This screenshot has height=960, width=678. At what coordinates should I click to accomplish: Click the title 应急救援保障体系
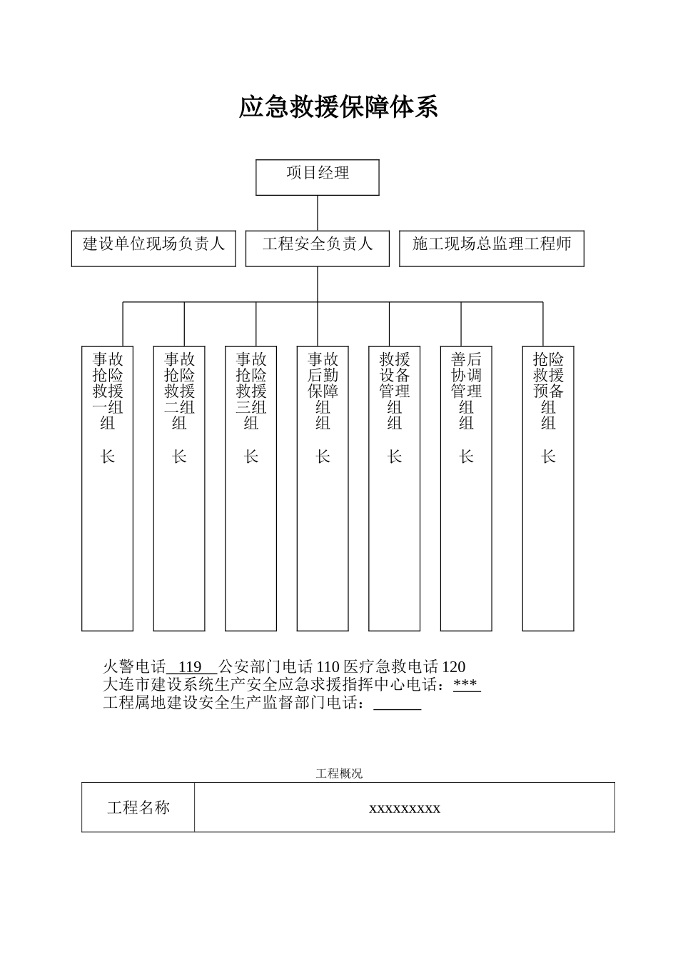pyautogui.click(x=338, y=108)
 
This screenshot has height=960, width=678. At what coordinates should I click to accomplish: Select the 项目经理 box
pyautogui.click(x=318, y=176)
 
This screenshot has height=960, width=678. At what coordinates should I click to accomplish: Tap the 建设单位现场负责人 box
pyautogui.click(x=153, y=248)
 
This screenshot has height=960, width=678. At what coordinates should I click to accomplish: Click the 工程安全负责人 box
pyautogui.click(x=318, y=248)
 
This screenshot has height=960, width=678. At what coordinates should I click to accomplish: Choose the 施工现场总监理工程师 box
pyautogui.click(x=492, y=248)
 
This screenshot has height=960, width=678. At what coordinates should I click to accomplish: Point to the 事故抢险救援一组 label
pyautogui.click(x=108, y=391)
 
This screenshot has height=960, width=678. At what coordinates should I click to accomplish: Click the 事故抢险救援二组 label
pyautogui.click(x=179, y=391)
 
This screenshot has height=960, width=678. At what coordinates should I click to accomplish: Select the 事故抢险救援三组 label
pyautogui.click(x=251, y=391)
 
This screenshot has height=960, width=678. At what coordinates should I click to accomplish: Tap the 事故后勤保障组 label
pyautogui.click(x=323, y=391)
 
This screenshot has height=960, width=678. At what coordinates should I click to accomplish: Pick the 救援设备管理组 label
pyautogui.click(x=395, y=391)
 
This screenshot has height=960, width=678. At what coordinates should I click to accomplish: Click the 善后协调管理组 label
pyautogui.click(x=466, y=391)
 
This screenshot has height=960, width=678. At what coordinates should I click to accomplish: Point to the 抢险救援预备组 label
pyautogui.click(x=548, y=391)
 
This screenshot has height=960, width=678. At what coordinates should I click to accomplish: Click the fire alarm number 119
pyautogui.click(x=190, y=667)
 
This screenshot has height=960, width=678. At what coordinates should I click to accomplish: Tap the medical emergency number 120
pyautogui.click(x=454, y=667)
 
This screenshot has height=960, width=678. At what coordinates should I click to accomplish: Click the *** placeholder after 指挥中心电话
pyautogui.click(x=466, y=685)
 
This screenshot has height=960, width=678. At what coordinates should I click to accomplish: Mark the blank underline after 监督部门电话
pyautogui.click(x=398, y=704)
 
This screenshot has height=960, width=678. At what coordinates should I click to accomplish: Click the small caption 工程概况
pyautogui.click(x=339, y=774)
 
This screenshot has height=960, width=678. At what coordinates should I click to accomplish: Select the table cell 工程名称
pyautogui.click(x=138, y=808)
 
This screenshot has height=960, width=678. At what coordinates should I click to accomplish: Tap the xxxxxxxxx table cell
pyautogui.click(x=405, y=808)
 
